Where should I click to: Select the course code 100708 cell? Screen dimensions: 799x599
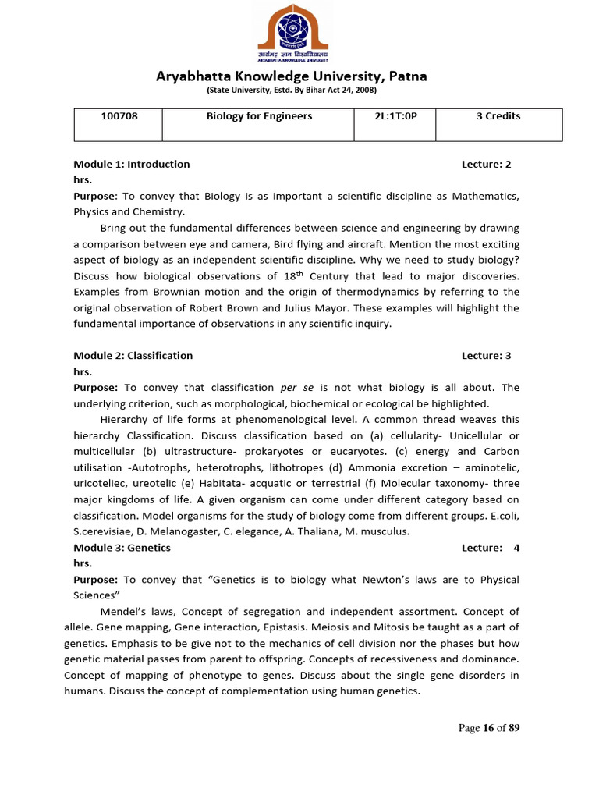click(118, 116)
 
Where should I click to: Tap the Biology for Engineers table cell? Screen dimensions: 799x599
click(259, 116)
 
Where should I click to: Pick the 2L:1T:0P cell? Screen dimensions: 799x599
click(396, 116)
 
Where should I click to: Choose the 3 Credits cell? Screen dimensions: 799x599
click(498, 116)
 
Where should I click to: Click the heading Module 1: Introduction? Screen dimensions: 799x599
click(132, 164)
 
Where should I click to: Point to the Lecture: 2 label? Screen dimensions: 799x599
click(486, 164)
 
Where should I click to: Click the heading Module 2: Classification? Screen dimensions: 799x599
click(133, 355)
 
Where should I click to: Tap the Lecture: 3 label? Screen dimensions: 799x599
click(486, 355)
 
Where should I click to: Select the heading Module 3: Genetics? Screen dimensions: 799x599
click(122, 548)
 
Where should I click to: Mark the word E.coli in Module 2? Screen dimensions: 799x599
click(505, 516)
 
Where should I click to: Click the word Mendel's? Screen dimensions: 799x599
click(122, 612)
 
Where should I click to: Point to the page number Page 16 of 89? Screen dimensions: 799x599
click(489, 728)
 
